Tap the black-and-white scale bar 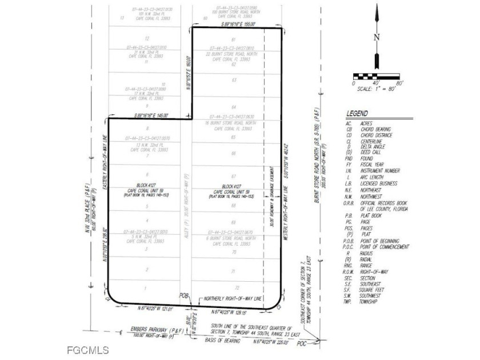377,76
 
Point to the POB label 183,296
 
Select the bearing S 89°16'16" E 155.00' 238,25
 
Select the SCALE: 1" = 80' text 375,89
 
